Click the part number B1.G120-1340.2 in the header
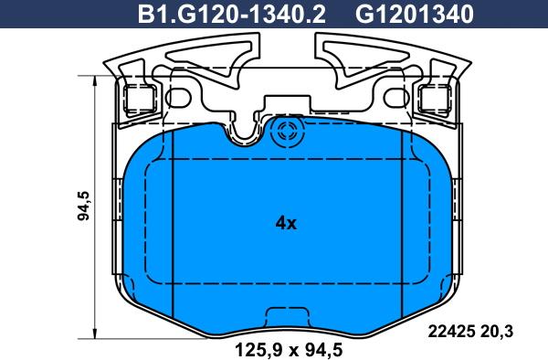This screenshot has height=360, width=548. (x=232, y=15)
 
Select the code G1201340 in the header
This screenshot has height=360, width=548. (x=415, y=15)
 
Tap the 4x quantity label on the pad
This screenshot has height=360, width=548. (x=286, y=223)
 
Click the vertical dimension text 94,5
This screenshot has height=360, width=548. (x=84, y=206)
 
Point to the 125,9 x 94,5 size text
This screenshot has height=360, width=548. (x=289, y=350)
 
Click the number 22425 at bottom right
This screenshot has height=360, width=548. (x=451, y=331)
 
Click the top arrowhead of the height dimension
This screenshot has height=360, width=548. (x=95, y=81)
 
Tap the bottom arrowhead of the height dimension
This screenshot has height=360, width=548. (x=95, y=333)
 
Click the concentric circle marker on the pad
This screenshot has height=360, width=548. (x=289, y=132)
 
